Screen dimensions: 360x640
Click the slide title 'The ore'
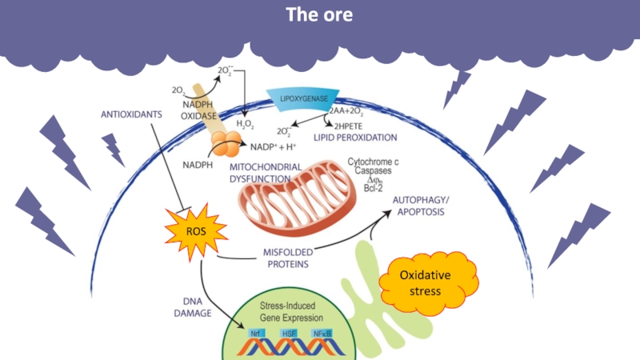point(319,15)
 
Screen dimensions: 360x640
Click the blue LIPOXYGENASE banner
point(305,100)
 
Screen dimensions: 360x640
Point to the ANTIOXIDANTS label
point(131,114)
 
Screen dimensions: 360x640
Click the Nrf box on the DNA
point(256,333)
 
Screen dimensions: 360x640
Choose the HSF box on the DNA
point(290,333)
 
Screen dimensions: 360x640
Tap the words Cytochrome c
point(373,162)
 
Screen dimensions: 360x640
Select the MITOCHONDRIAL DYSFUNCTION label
point(266,172)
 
